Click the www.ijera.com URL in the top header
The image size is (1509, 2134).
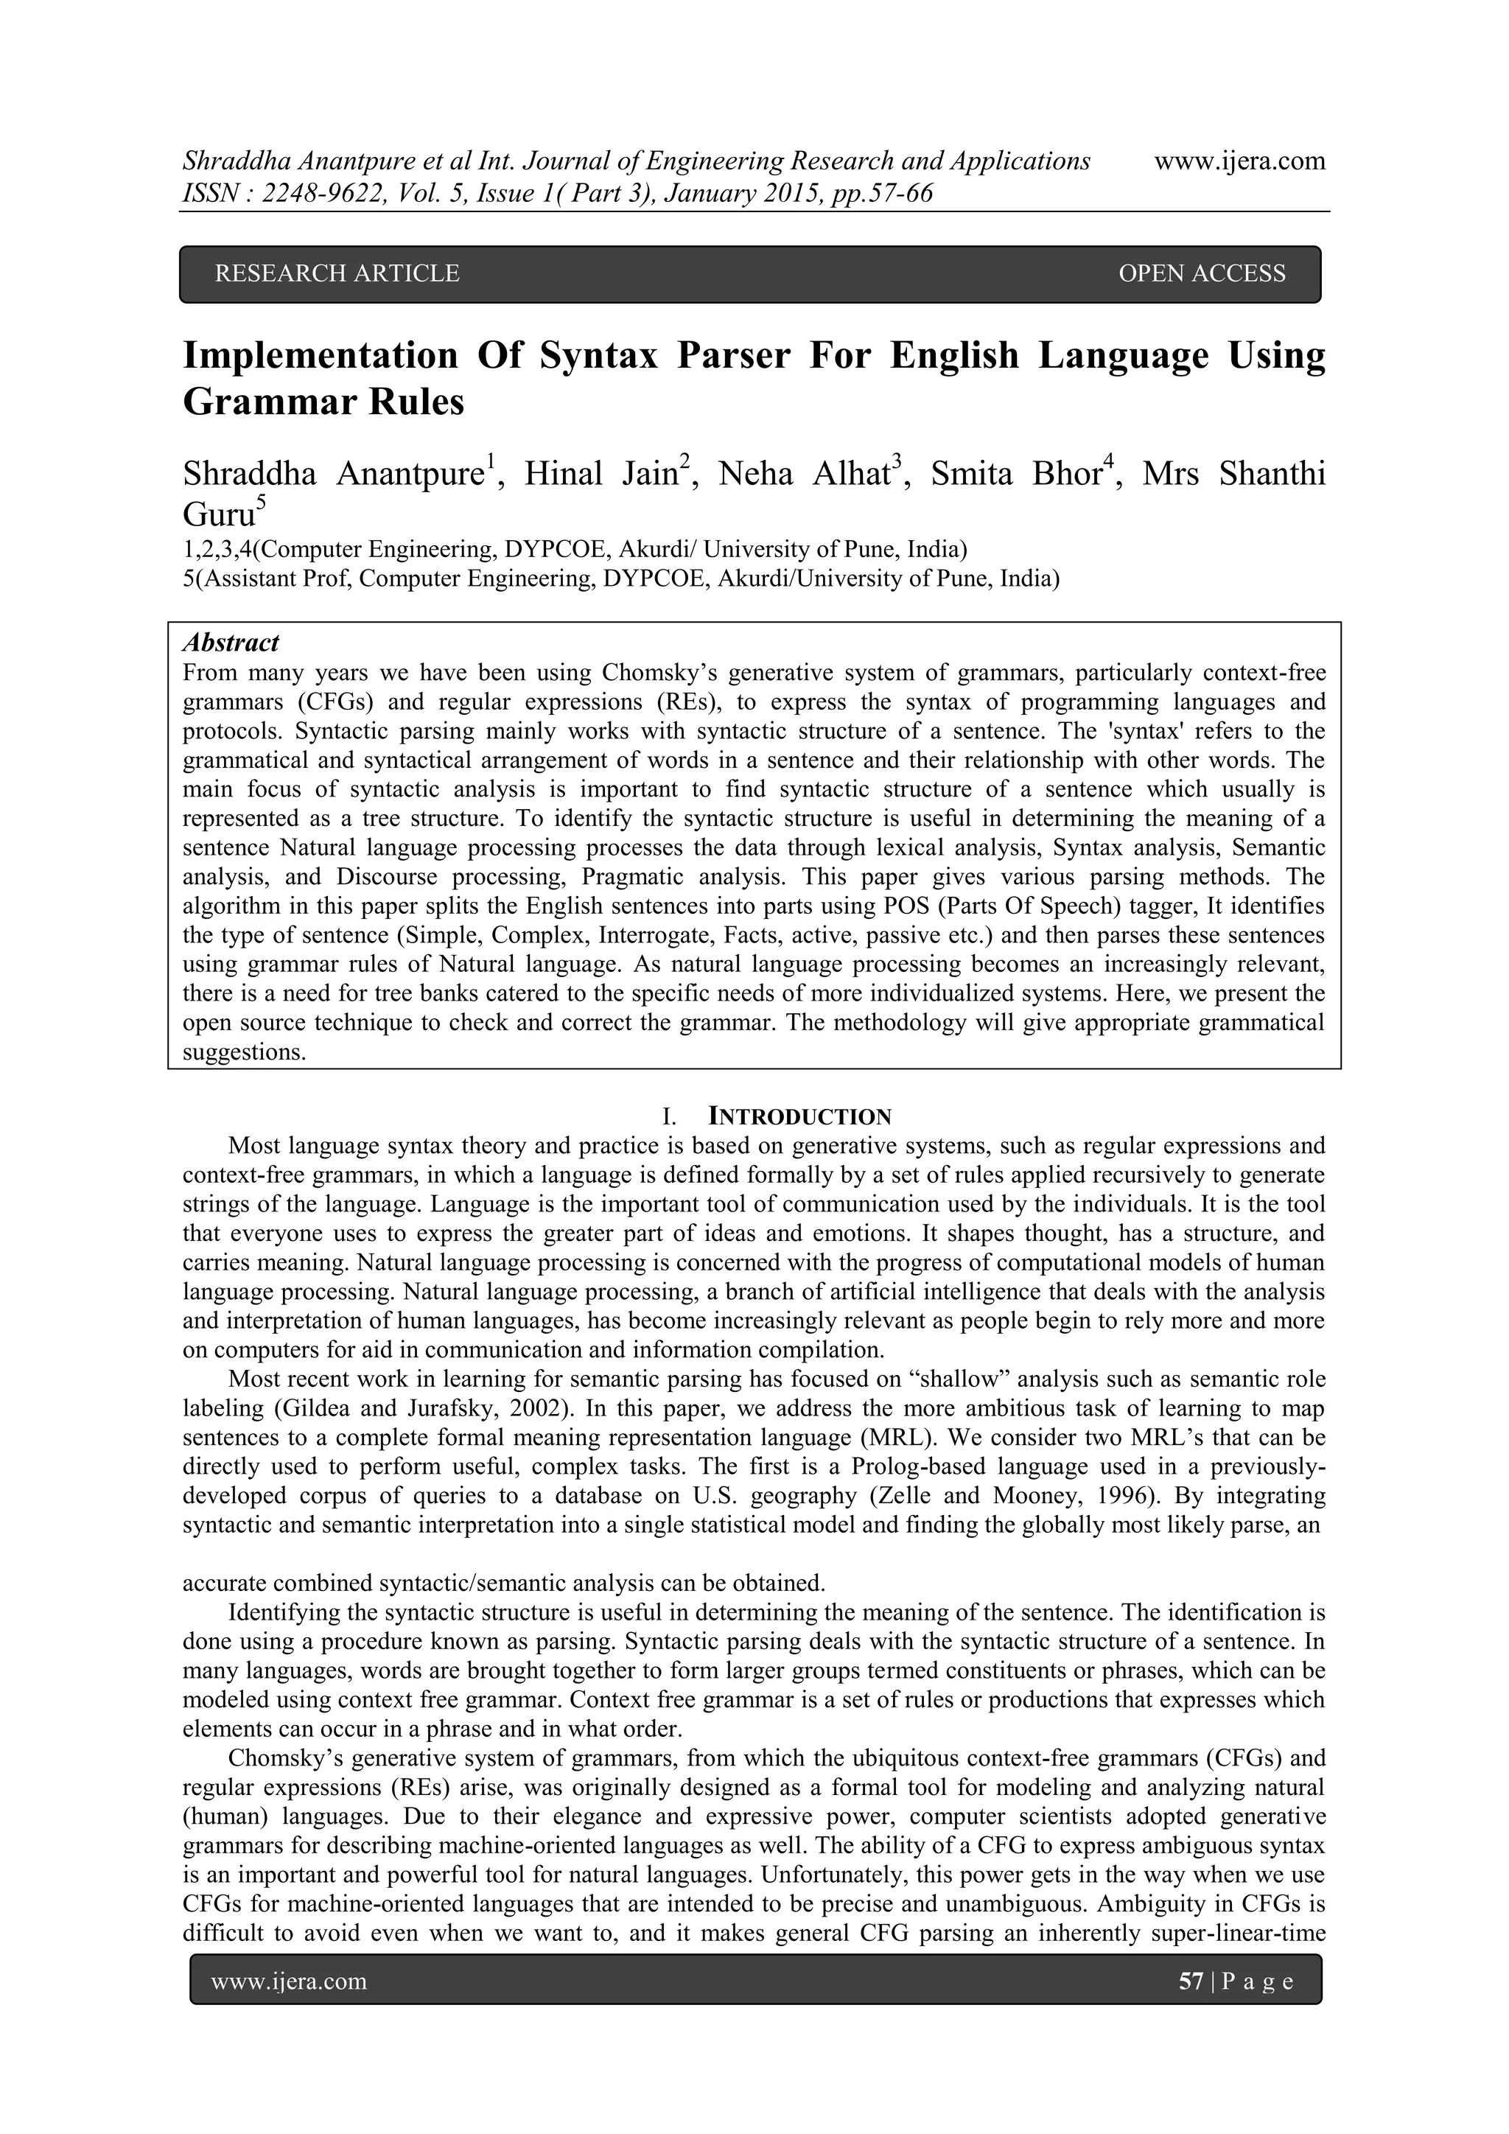(1239, 161)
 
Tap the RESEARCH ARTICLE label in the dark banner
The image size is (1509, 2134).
(337, 273)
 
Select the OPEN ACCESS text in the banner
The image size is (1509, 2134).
(1202, 273)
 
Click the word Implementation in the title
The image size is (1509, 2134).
(321, 356)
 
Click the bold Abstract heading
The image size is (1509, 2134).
(231, 643)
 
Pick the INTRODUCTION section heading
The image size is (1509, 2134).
(799, 1116)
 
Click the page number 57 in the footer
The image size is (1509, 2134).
(1190, 1982)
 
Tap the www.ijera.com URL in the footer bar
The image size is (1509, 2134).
(289, 1982)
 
